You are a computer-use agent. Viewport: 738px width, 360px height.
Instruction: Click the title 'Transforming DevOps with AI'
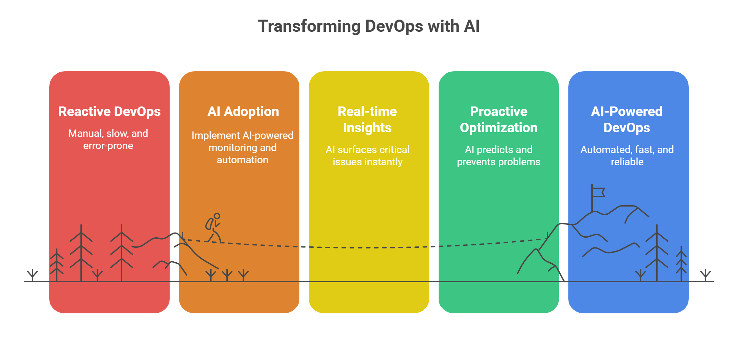369,26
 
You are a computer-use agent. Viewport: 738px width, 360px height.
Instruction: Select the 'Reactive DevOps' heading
109,112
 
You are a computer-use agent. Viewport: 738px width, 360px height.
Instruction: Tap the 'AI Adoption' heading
243,112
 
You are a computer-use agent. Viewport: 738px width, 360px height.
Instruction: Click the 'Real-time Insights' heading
367,119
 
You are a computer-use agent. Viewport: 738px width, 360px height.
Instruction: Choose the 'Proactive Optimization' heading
498,119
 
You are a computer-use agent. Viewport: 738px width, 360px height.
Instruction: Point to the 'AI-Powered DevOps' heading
626,119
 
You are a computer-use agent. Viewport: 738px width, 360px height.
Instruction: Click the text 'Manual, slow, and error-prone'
108,139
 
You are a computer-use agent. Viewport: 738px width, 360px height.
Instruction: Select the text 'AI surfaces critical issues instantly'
368,155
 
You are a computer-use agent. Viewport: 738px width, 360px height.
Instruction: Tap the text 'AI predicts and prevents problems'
498,155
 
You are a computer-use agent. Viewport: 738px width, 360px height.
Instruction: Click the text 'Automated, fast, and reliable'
627,155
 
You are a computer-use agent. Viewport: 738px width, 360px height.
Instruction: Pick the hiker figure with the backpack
214,229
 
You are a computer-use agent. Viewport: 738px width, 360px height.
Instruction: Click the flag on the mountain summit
598,192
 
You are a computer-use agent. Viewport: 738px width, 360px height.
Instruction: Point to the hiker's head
217,216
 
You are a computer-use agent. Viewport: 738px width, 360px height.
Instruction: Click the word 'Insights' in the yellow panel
367,128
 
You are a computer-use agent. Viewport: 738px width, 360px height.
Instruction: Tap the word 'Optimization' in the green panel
498,128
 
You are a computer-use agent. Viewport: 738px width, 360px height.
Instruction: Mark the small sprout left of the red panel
32,274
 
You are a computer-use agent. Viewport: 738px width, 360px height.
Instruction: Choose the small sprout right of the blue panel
706,275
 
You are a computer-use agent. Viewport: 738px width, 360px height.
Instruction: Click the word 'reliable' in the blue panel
627,162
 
